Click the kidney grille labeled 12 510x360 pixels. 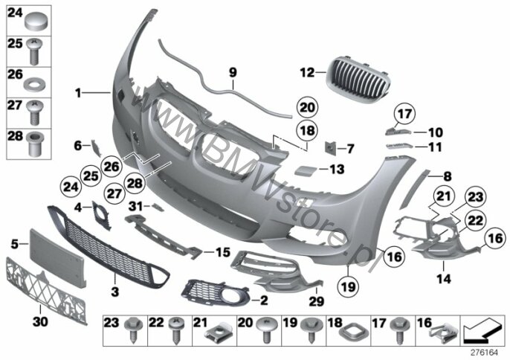click(358, 77)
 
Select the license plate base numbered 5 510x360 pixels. click(58, 257)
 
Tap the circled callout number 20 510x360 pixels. click(307, 107)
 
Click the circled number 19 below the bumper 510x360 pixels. click(349, 287)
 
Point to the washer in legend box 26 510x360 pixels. click(35, 83)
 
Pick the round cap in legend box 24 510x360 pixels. click(36, 21)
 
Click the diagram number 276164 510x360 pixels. click(485, 353)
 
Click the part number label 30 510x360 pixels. click(40, 321)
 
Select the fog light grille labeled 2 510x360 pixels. click(216, 292)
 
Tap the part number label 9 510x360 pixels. click(233, 72)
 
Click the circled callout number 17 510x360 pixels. click(404, 114)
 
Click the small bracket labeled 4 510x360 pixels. click(100, 214)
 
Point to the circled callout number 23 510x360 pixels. click(476, 196)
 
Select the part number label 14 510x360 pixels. click(444, 278)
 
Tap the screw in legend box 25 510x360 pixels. click(35, 51)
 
